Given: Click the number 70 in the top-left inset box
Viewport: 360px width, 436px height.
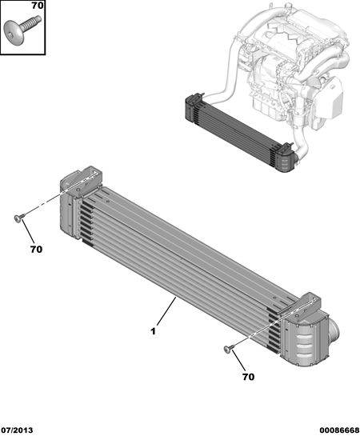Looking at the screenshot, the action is click(38, 6).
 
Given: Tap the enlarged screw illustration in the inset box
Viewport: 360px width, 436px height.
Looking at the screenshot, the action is click(22, 27).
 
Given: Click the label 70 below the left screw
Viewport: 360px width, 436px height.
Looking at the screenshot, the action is click(36, 250).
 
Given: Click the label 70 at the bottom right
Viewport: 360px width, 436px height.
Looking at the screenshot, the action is click(248, 377).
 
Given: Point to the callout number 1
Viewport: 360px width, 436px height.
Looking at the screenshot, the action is click(153, 331).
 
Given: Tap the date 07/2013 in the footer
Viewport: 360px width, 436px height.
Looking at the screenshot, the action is click(17, 430).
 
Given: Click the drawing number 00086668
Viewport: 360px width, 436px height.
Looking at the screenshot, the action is click(339, 430).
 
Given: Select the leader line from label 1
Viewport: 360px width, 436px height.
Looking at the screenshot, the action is click(166, 311).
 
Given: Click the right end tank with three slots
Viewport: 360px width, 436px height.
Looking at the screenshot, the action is click(305, 342).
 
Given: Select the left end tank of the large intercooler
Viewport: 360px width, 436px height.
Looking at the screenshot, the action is click(70, 212).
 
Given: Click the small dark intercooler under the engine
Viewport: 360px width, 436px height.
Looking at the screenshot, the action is click(239, 134).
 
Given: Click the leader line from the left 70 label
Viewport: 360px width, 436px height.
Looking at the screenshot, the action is click(28, 231).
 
